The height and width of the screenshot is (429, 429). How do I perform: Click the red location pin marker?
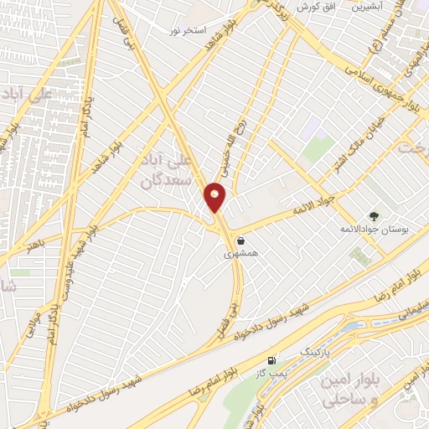click(215, 198)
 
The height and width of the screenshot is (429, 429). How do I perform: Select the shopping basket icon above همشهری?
click(241, 240)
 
